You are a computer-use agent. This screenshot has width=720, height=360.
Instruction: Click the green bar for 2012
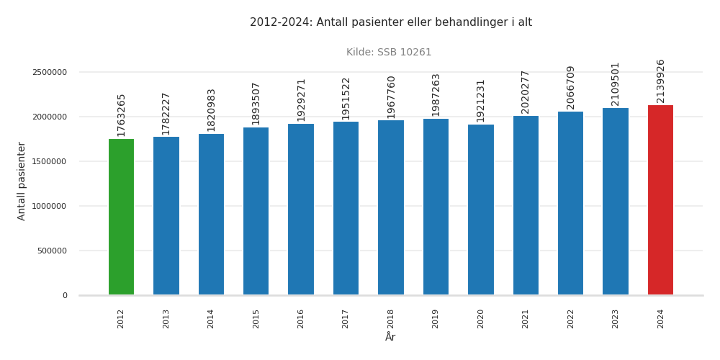click(121, 217)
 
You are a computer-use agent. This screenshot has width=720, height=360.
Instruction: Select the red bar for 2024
click(660, 200)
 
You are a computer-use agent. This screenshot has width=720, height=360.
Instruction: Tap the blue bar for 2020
click(480, 210)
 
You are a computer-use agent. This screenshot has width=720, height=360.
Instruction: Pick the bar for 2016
click(301, 210)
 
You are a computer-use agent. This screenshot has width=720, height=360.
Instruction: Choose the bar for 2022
click(570, 203)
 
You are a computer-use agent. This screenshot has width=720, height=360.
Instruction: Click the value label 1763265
click(121, 115)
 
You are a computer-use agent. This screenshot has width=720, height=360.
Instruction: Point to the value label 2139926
click(660, 81)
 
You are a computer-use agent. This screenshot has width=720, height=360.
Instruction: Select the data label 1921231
click(480, 101)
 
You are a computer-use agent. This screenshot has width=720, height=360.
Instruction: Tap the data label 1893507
click(256, 104)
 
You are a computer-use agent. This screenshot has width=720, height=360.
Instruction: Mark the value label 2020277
click(526, 92)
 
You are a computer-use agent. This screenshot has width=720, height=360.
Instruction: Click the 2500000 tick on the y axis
click(50, 72)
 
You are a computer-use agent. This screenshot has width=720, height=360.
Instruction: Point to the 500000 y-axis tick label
click(52, 251)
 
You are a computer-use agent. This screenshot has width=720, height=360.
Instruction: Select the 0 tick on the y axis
click(65, 295)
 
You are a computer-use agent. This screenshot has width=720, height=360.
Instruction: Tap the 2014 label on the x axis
click(211, 319)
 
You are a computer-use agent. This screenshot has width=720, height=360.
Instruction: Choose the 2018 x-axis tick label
click(391, 319)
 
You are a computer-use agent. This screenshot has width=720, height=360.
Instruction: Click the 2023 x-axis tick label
click(616, 319)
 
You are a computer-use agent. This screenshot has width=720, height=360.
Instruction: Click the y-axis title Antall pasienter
click(22, 181)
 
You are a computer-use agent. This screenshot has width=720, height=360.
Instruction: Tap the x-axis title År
click(390, 338)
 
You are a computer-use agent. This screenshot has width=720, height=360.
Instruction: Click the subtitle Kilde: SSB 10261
click(389, 53)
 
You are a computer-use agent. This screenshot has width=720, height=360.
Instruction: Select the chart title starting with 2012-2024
click(391, 22)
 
